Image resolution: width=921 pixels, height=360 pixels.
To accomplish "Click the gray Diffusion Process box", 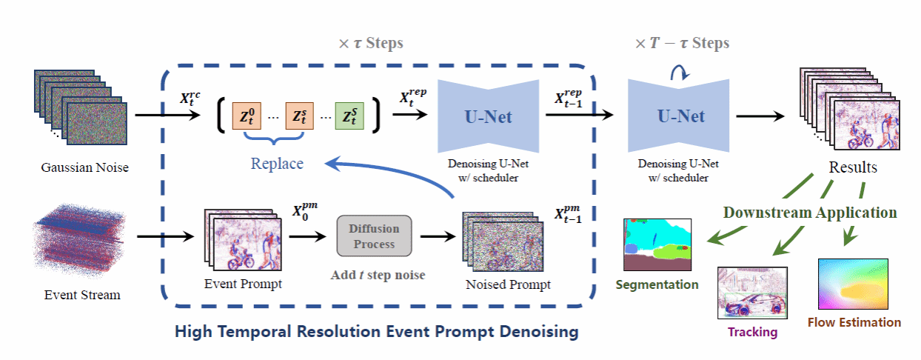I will click(x=374, y=235).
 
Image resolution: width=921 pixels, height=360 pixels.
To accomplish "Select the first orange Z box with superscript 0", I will click(x=249, y=116).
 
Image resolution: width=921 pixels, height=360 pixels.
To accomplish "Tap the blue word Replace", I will click(x=276, y=163).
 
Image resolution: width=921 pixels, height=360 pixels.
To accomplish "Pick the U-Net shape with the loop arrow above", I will click(x=671, y=116).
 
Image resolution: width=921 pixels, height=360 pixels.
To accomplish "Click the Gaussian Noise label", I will click(x=84, y=167).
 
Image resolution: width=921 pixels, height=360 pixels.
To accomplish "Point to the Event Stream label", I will click(x=82, y=295).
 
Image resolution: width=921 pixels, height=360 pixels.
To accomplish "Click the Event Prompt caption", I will click(x=243, y=283).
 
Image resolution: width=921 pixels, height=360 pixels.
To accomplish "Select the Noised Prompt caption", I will click(x=508, y=284).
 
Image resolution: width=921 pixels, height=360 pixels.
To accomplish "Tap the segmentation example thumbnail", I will click(x=657, y=244).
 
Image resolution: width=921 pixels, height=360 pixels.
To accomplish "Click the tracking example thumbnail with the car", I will click(x=750, y=294).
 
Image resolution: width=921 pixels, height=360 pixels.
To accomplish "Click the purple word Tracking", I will click(x=752, y=332).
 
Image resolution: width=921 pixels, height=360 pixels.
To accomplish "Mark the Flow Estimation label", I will click(x=854, y=322).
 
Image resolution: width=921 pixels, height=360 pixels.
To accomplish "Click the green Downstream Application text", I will click(x=810, y=213).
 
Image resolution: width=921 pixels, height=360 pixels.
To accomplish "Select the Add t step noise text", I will click(x=378, y=275).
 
